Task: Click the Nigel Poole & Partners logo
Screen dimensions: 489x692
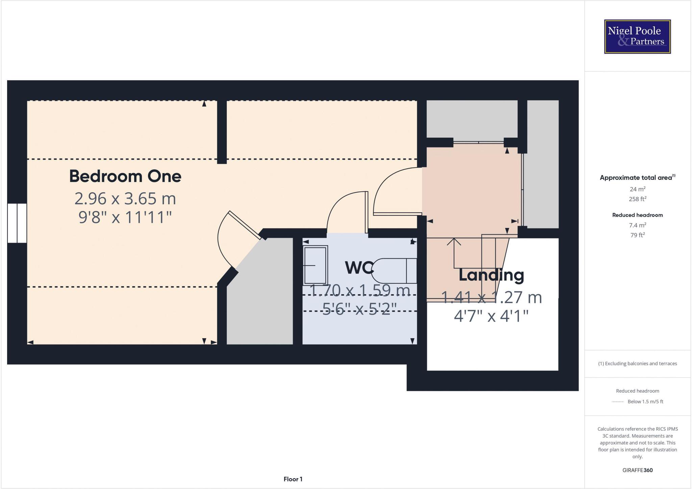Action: pyautogui.click(x=637, y=37)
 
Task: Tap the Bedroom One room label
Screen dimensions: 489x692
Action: pyautogui.click(x=125, y=176)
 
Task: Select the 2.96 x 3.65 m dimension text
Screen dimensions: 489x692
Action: pyautogui.click(x=125, y=199)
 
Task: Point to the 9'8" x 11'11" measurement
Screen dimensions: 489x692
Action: pyautogui.click(x=125, y=217)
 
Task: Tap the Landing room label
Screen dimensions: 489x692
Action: pyautogui.click(x=491, y=275)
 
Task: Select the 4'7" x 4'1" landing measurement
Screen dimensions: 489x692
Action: pyautogui.click(x=491, y=316)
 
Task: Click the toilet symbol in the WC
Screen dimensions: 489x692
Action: pyautogui.click(x=394, y=271)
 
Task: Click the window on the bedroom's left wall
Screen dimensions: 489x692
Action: pyautogui.click(x=17, y=223)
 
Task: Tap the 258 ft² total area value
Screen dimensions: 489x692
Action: pyautogui.click(x=637, y=199)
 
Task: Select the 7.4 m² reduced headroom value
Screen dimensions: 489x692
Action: pyautogui.click(x=637, y=225)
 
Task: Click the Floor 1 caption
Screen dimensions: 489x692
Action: pyautogui.click(x=293, y=479)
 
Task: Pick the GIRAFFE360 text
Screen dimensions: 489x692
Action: pyautogui.click(x=637, y=470)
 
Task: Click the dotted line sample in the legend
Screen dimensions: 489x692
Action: pyautogui.click(x=617, y=402)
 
